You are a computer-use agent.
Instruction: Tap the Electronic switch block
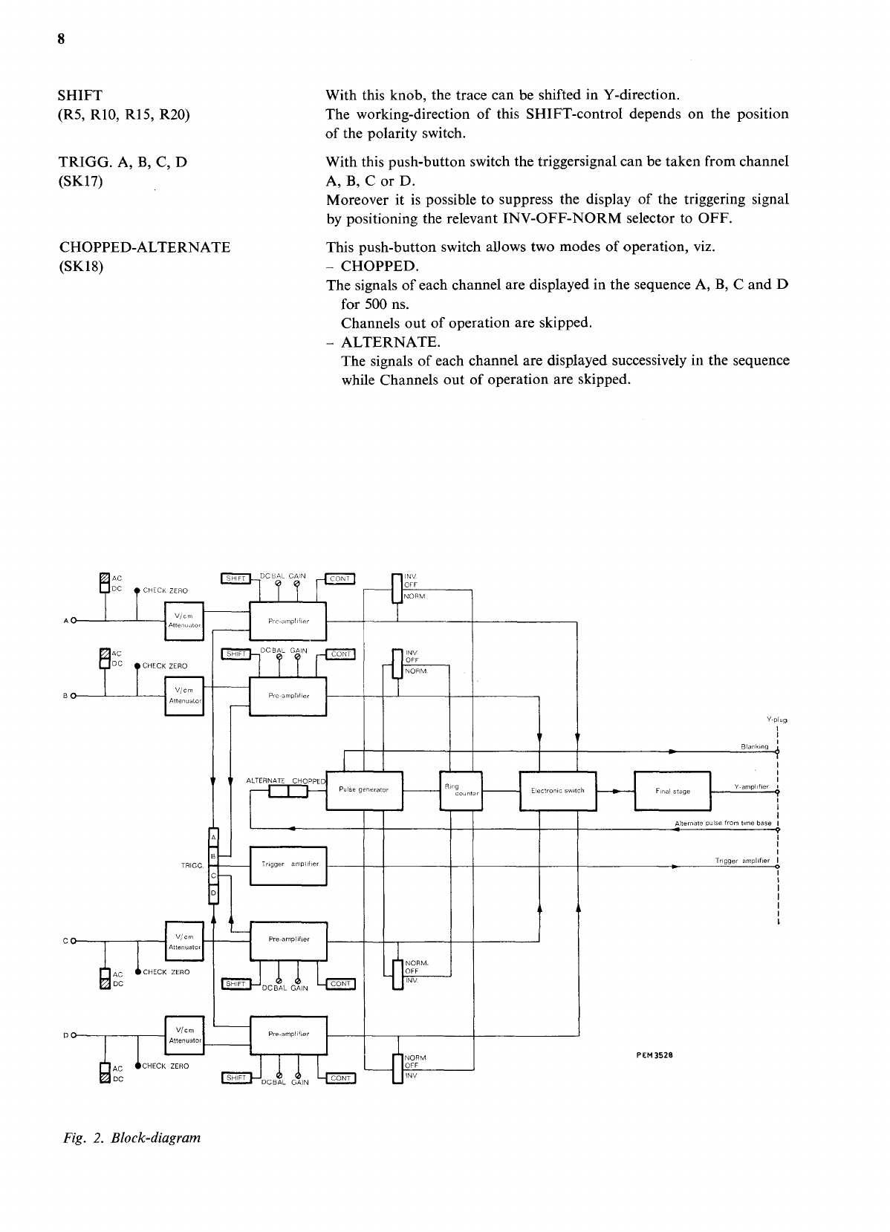click(x=558, y=791)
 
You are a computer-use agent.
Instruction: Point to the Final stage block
click(x=673, y=792)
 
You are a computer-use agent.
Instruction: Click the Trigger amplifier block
click(x=289, y=865)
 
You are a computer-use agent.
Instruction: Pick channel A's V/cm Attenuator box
click(x=183, y=621)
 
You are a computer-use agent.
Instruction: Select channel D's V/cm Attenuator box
click(x=183, y=1035)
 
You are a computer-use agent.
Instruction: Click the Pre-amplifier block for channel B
click(x=288, y=696)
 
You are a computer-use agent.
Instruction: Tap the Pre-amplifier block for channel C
click(x=288, y=940)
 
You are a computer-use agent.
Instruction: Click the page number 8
click(x=62, y=39)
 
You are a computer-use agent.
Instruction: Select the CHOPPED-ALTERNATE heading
click(x=144, y=247)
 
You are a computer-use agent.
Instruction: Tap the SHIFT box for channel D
click(x=237, y=1078)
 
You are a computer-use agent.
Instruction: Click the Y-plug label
click(x=776, y=720)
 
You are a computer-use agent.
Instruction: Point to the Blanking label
click(x=755, y=746)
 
